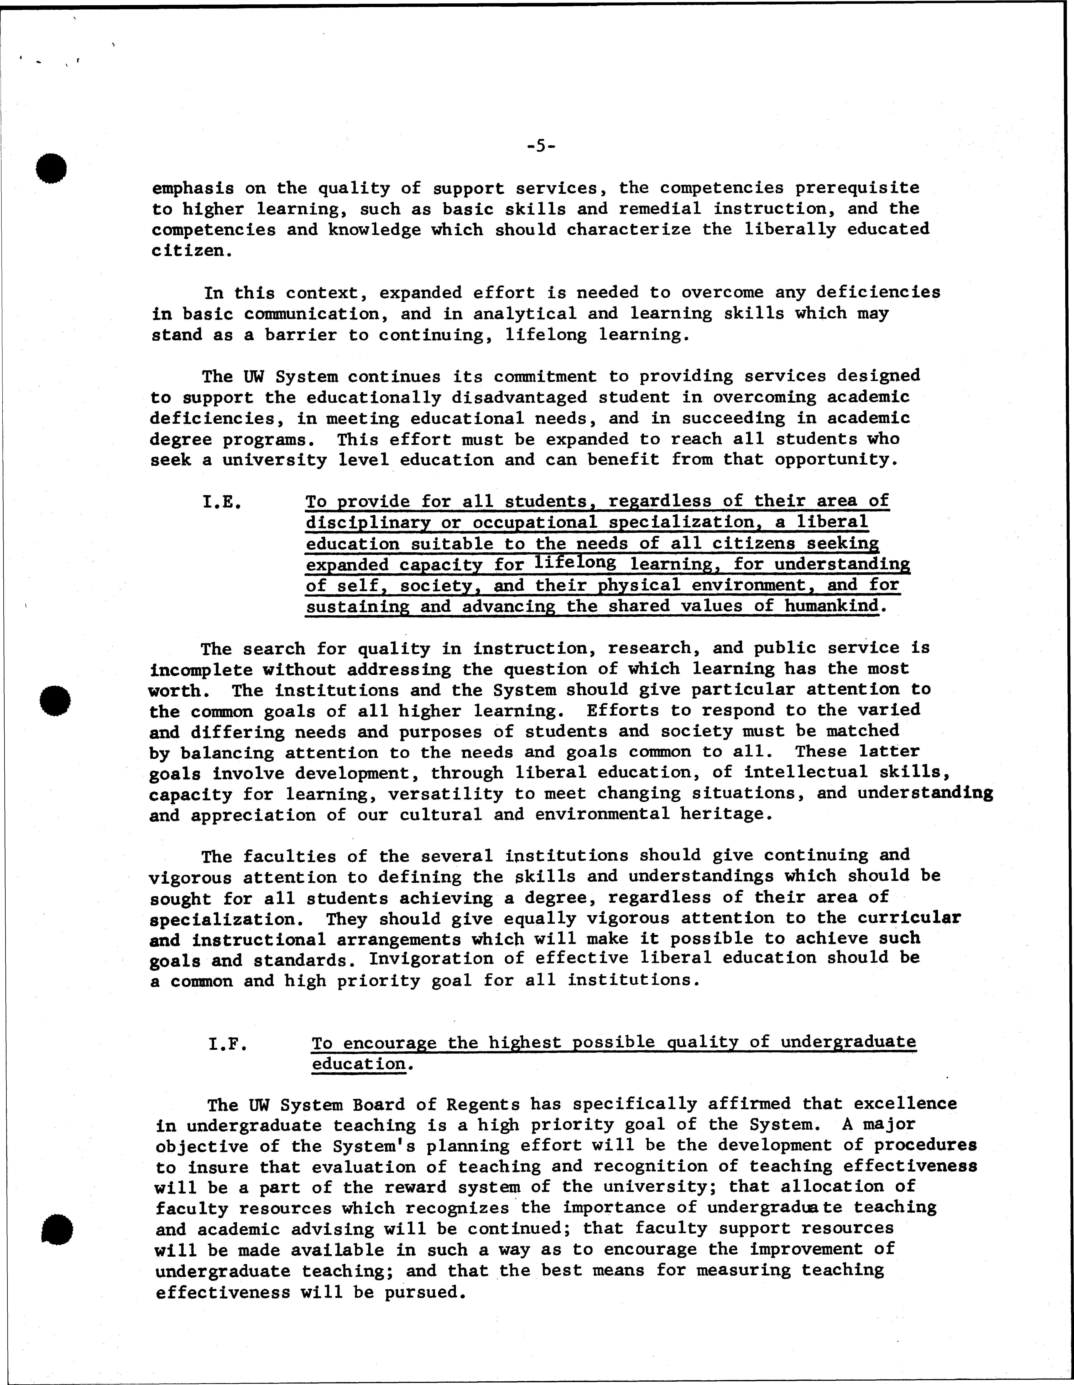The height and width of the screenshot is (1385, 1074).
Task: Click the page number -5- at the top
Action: coord(541,146)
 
